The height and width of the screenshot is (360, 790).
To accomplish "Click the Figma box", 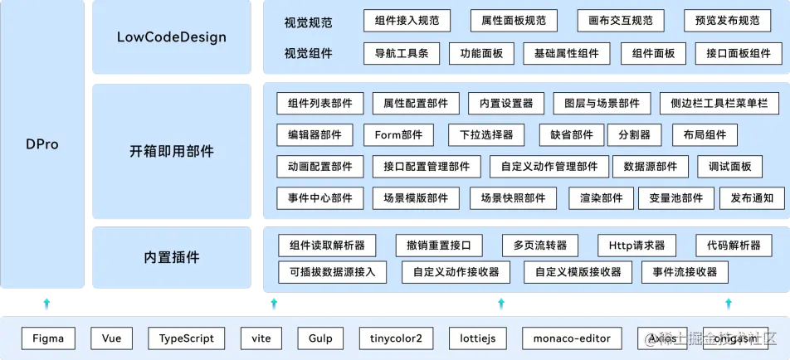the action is [48, 338].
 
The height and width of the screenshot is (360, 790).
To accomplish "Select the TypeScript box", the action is [187, 338].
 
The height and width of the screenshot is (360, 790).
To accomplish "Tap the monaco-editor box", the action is [572, 338].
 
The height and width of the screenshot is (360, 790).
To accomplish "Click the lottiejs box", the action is [477, 338].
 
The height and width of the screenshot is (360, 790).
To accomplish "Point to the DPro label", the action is [41, 144].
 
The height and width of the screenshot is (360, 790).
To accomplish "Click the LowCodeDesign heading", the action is [172, 37].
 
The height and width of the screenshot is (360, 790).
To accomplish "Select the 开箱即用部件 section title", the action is [172, 152].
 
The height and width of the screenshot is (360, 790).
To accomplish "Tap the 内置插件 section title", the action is [172, 257].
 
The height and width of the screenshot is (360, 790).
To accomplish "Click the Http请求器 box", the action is [636, 246].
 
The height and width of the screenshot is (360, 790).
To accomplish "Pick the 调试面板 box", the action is [729, 167].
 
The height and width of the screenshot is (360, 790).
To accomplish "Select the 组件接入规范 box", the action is [407, 20].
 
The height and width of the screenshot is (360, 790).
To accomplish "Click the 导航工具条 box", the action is [401, 54].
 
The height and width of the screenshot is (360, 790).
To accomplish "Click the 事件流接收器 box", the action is [685, 271].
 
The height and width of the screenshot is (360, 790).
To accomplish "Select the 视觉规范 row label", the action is [308, 21].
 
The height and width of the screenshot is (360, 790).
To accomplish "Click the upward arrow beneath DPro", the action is [47, 303].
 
